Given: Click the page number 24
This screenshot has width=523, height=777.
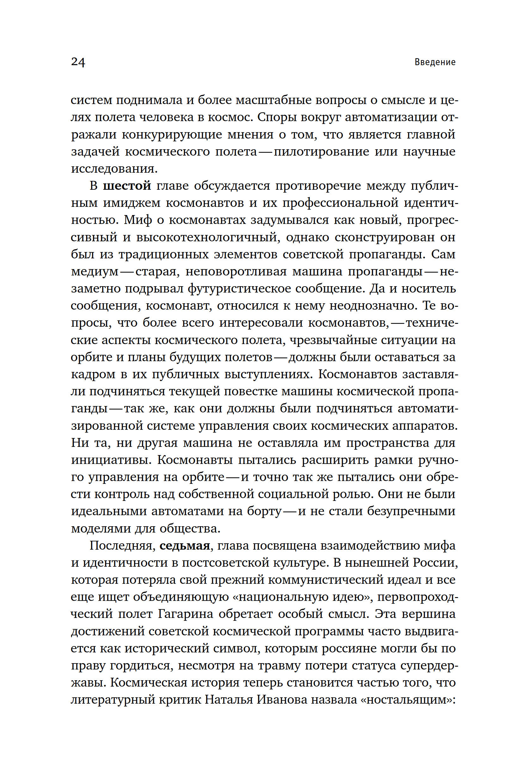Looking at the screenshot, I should click(78, 62).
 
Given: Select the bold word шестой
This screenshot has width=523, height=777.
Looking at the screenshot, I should click(127, 186).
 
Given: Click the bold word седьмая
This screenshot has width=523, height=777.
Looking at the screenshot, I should click(184, 546).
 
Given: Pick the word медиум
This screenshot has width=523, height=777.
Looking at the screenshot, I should click(95, 272).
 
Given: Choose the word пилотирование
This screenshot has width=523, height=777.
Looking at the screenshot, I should click(321, 152).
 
